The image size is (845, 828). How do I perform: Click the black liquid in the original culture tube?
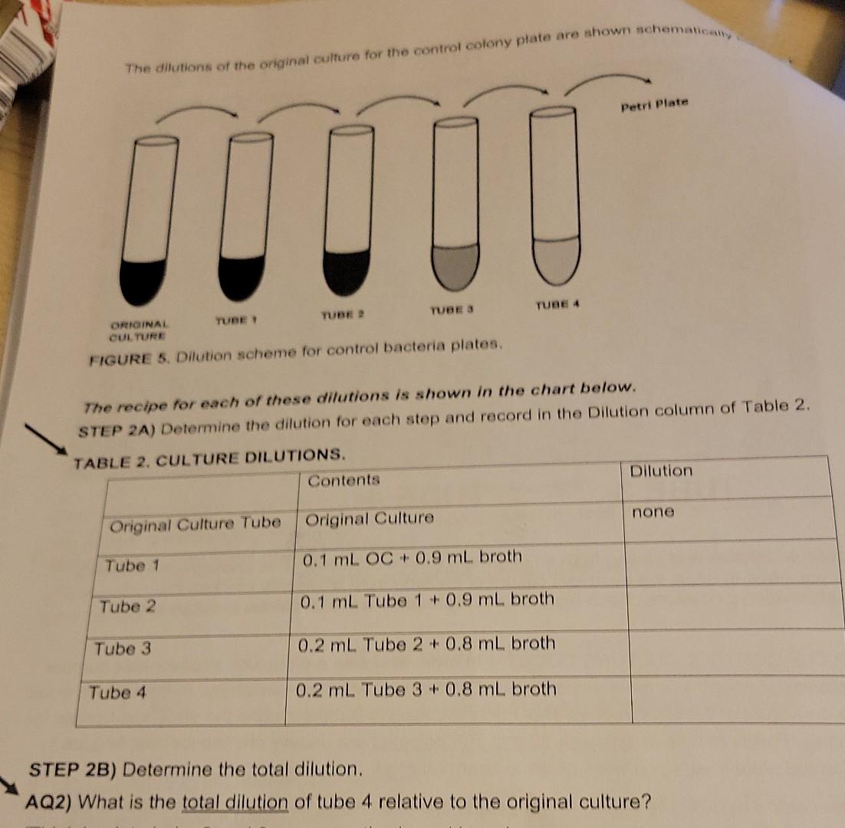(142, 280)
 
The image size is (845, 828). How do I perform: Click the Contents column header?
(344, 480)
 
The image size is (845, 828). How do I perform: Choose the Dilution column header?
(660, 471)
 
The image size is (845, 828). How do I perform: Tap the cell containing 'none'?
(653, 511)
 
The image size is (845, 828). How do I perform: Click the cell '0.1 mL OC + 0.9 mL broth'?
(413, 557)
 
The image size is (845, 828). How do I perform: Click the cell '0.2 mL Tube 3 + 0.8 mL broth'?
(426, 689)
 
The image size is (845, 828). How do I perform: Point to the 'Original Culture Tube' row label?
(196, 524)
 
